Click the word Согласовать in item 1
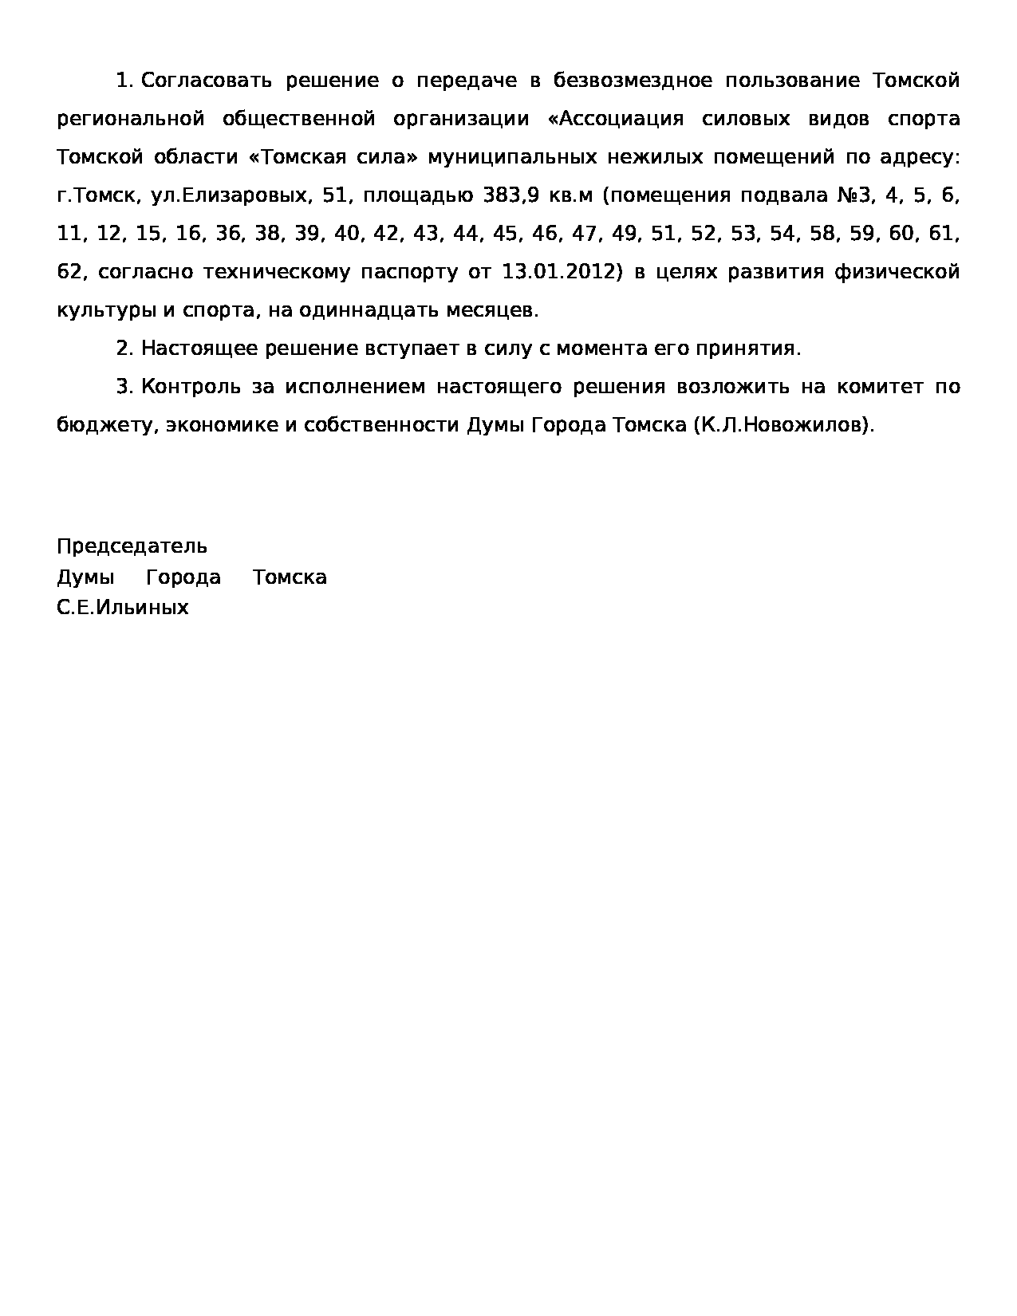coord(206,81)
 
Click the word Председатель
coord(132,546)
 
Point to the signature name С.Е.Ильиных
coord(123,608)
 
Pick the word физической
coord(896,272)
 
